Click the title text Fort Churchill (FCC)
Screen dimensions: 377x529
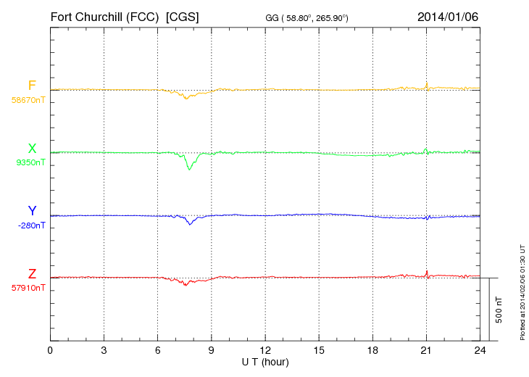[104, 16]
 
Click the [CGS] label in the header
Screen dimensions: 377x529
[183, 16]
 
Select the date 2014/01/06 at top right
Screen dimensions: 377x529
[447, 16]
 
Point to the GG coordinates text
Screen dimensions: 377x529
[307, 17]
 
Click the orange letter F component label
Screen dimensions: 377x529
[32, 86]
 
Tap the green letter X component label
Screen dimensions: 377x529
[32, 149]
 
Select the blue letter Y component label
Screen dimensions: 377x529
[32, 211]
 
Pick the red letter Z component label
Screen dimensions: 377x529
[32, 274]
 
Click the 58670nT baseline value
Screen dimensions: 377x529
[28, 99]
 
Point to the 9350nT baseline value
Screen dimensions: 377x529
[30, 162]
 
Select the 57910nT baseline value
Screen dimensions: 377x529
[28, 288]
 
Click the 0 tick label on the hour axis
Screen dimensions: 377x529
[50, 351]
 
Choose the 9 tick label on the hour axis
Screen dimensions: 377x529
[211, 351]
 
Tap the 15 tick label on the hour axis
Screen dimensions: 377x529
[318, 351]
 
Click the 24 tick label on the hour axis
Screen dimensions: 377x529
[479, 351]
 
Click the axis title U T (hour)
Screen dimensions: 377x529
[264, 362]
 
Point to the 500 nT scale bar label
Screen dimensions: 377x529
[499, 310]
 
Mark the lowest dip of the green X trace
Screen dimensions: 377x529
[190, 169]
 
